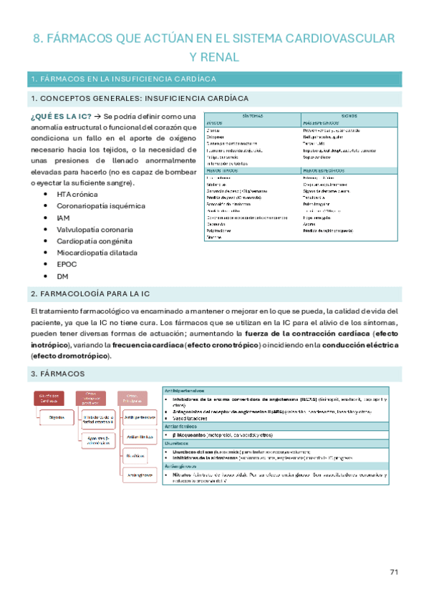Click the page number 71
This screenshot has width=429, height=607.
393,572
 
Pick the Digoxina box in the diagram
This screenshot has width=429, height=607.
59,417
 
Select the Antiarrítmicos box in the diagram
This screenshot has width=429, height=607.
140,434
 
